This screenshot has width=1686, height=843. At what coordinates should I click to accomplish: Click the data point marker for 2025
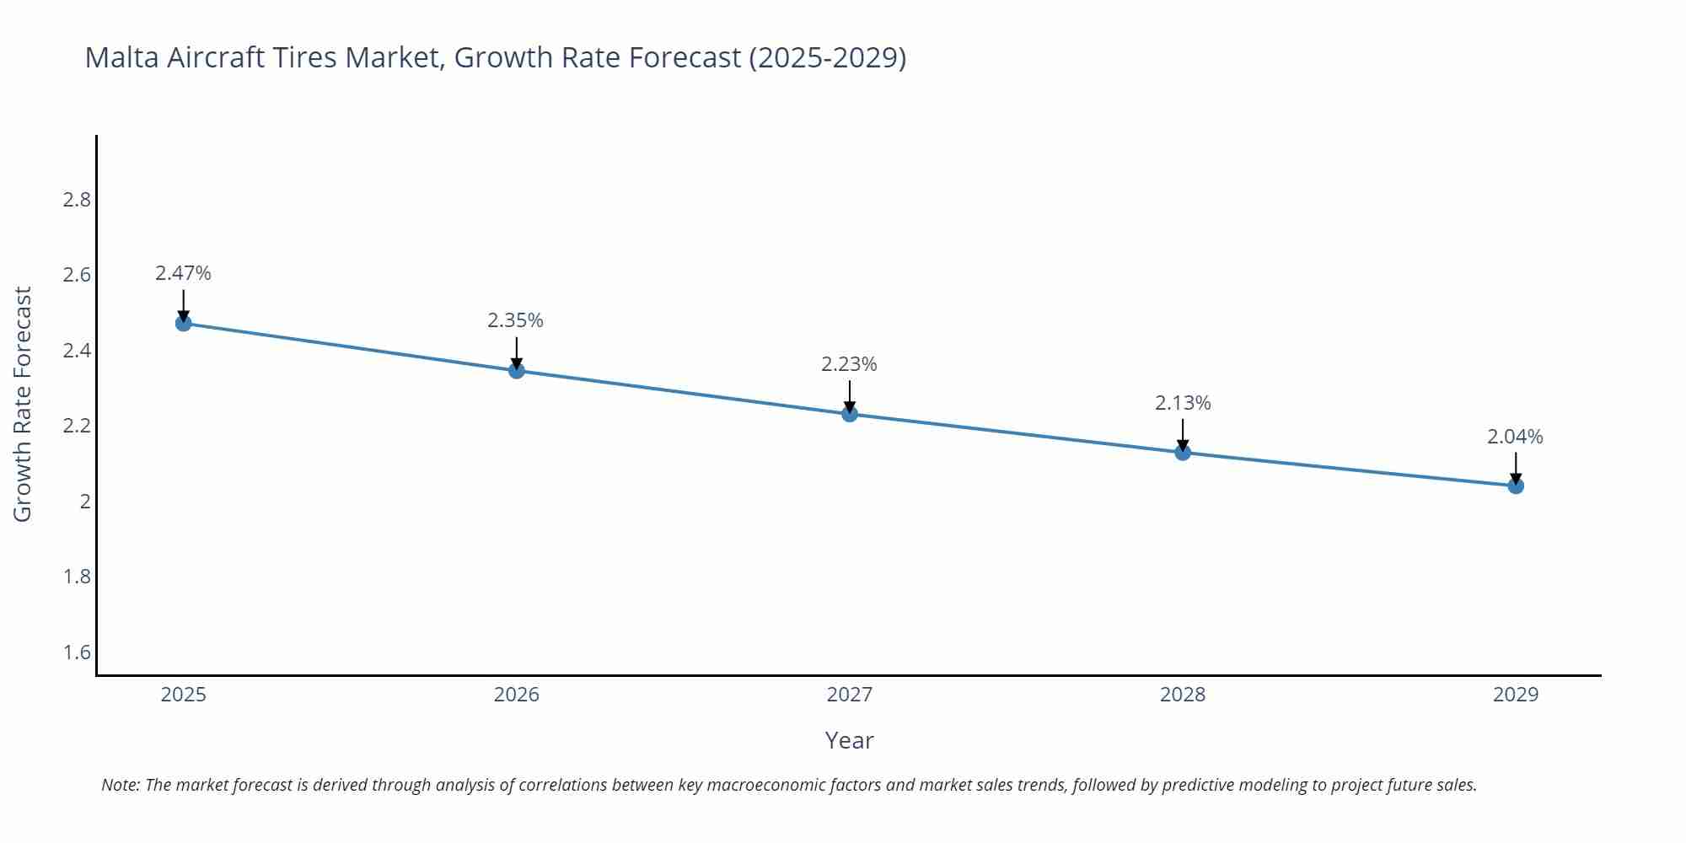[x=183, y=323]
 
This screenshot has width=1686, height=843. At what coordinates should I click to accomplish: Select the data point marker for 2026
[x=517, y=370]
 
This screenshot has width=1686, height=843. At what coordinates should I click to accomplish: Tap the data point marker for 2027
[x=850, y=414]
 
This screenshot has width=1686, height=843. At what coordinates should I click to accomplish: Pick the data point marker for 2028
[x=1183, y=453]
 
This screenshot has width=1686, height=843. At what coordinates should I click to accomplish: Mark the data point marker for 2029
[x=1516, y=486]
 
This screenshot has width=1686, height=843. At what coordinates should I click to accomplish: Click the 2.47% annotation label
[x=183, y=273]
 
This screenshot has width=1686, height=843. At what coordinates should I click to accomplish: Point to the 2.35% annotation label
[x=515, y=320]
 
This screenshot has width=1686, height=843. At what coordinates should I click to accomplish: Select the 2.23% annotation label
[x=849, y=364]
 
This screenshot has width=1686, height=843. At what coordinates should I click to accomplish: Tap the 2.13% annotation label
[x=1183, y=403]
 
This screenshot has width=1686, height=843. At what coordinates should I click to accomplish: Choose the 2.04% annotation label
[x=1515, y=437]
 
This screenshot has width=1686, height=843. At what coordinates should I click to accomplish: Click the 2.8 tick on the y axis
[x=77, y=200]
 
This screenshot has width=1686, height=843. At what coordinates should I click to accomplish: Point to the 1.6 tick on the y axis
[x=77, y=652]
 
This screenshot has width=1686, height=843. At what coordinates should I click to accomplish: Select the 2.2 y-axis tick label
[x=77, y=426]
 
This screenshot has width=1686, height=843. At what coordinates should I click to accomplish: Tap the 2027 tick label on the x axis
[x=850, y=695]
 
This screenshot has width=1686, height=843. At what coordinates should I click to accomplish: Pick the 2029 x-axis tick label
[x=1516, y=695]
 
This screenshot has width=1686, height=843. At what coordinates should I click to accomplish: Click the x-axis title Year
[x=849, y=740]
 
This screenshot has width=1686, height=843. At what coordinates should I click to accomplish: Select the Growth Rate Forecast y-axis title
[x=23, y=404]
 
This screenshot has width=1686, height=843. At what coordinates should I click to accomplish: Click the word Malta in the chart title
[x=122, y=57]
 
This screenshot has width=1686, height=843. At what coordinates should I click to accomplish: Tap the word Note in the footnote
[x=120, y=785]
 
